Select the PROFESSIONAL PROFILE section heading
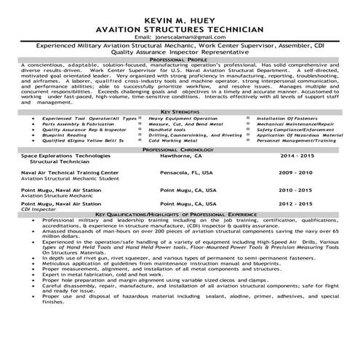pyautogui.click(x=180, y=59)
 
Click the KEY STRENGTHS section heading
pyautogui.click(x=180, y=110)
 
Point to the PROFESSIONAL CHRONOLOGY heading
pyautogui.click(x=180, y=148)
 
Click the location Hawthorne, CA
pyautogui.click(x=180, y=155)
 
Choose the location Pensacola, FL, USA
pyautogui.click(x=185, y=173)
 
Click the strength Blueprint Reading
pyautogui.click(x=63, y=135)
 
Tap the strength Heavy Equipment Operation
pyautogui.click(x=183, y=117)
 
